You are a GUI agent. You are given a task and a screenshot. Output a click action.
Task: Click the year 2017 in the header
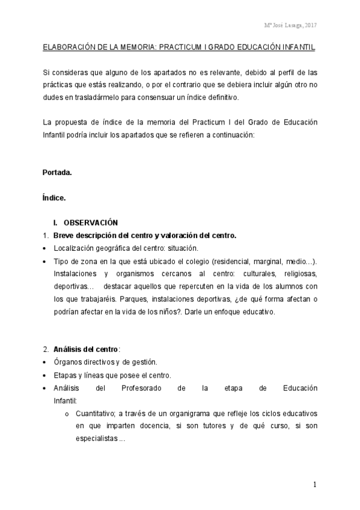click(x=311, y=25)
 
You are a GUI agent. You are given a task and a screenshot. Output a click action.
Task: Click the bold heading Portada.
click(x=57, y=173)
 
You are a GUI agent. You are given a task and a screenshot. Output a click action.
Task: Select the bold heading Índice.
click(x=54, y=197)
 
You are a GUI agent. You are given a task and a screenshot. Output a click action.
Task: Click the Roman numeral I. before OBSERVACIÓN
click(x=56, y=222)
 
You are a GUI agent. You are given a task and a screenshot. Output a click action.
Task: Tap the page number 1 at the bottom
click(x=314, y=484)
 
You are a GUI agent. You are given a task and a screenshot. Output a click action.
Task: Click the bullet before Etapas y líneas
click(x=46, y=375)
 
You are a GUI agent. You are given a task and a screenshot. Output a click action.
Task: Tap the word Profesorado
click(x=142, y=388)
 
